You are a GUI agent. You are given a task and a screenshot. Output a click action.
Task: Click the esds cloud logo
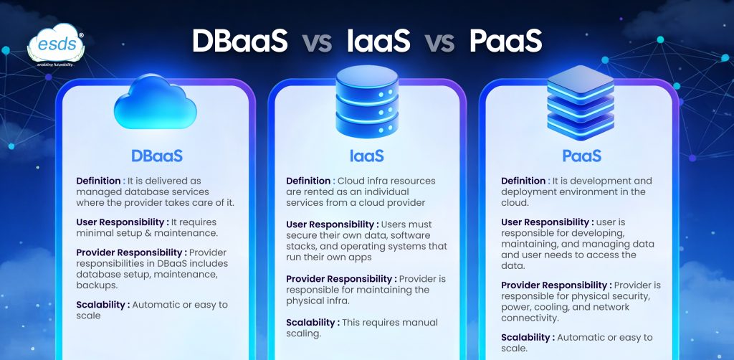point(56,45)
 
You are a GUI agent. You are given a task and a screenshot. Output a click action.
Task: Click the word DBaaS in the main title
point(239,41)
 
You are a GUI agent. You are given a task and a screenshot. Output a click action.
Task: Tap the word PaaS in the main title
point(505,41)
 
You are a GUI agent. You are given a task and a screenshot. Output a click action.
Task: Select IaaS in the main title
point(378,41)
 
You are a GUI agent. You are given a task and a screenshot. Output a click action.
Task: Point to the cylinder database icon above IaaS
point(367,102)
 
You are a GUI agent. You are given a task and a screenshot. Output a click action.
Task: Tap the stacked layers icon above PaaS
point(581,103)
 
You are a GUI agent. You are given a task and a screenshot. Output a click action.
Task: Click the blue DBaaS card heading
point(157,156)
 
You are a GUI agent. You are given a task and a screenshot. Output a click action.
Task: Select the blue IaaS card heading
point(367,156)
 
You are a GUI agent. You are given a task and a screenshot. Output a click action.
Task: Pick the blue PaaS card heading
point(582,156)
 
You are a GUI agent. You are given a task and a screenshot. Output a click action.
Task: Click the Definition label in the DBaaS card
point(98,181)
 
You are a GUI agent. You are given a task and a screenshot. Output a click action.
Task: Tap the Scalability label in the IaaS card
point(310,323)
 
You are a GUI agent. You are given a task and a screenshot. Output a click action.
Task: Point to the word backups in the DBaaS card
point(90,285)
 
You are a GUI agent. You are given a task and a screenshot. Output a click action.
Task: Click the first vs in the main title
point(317,42)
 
